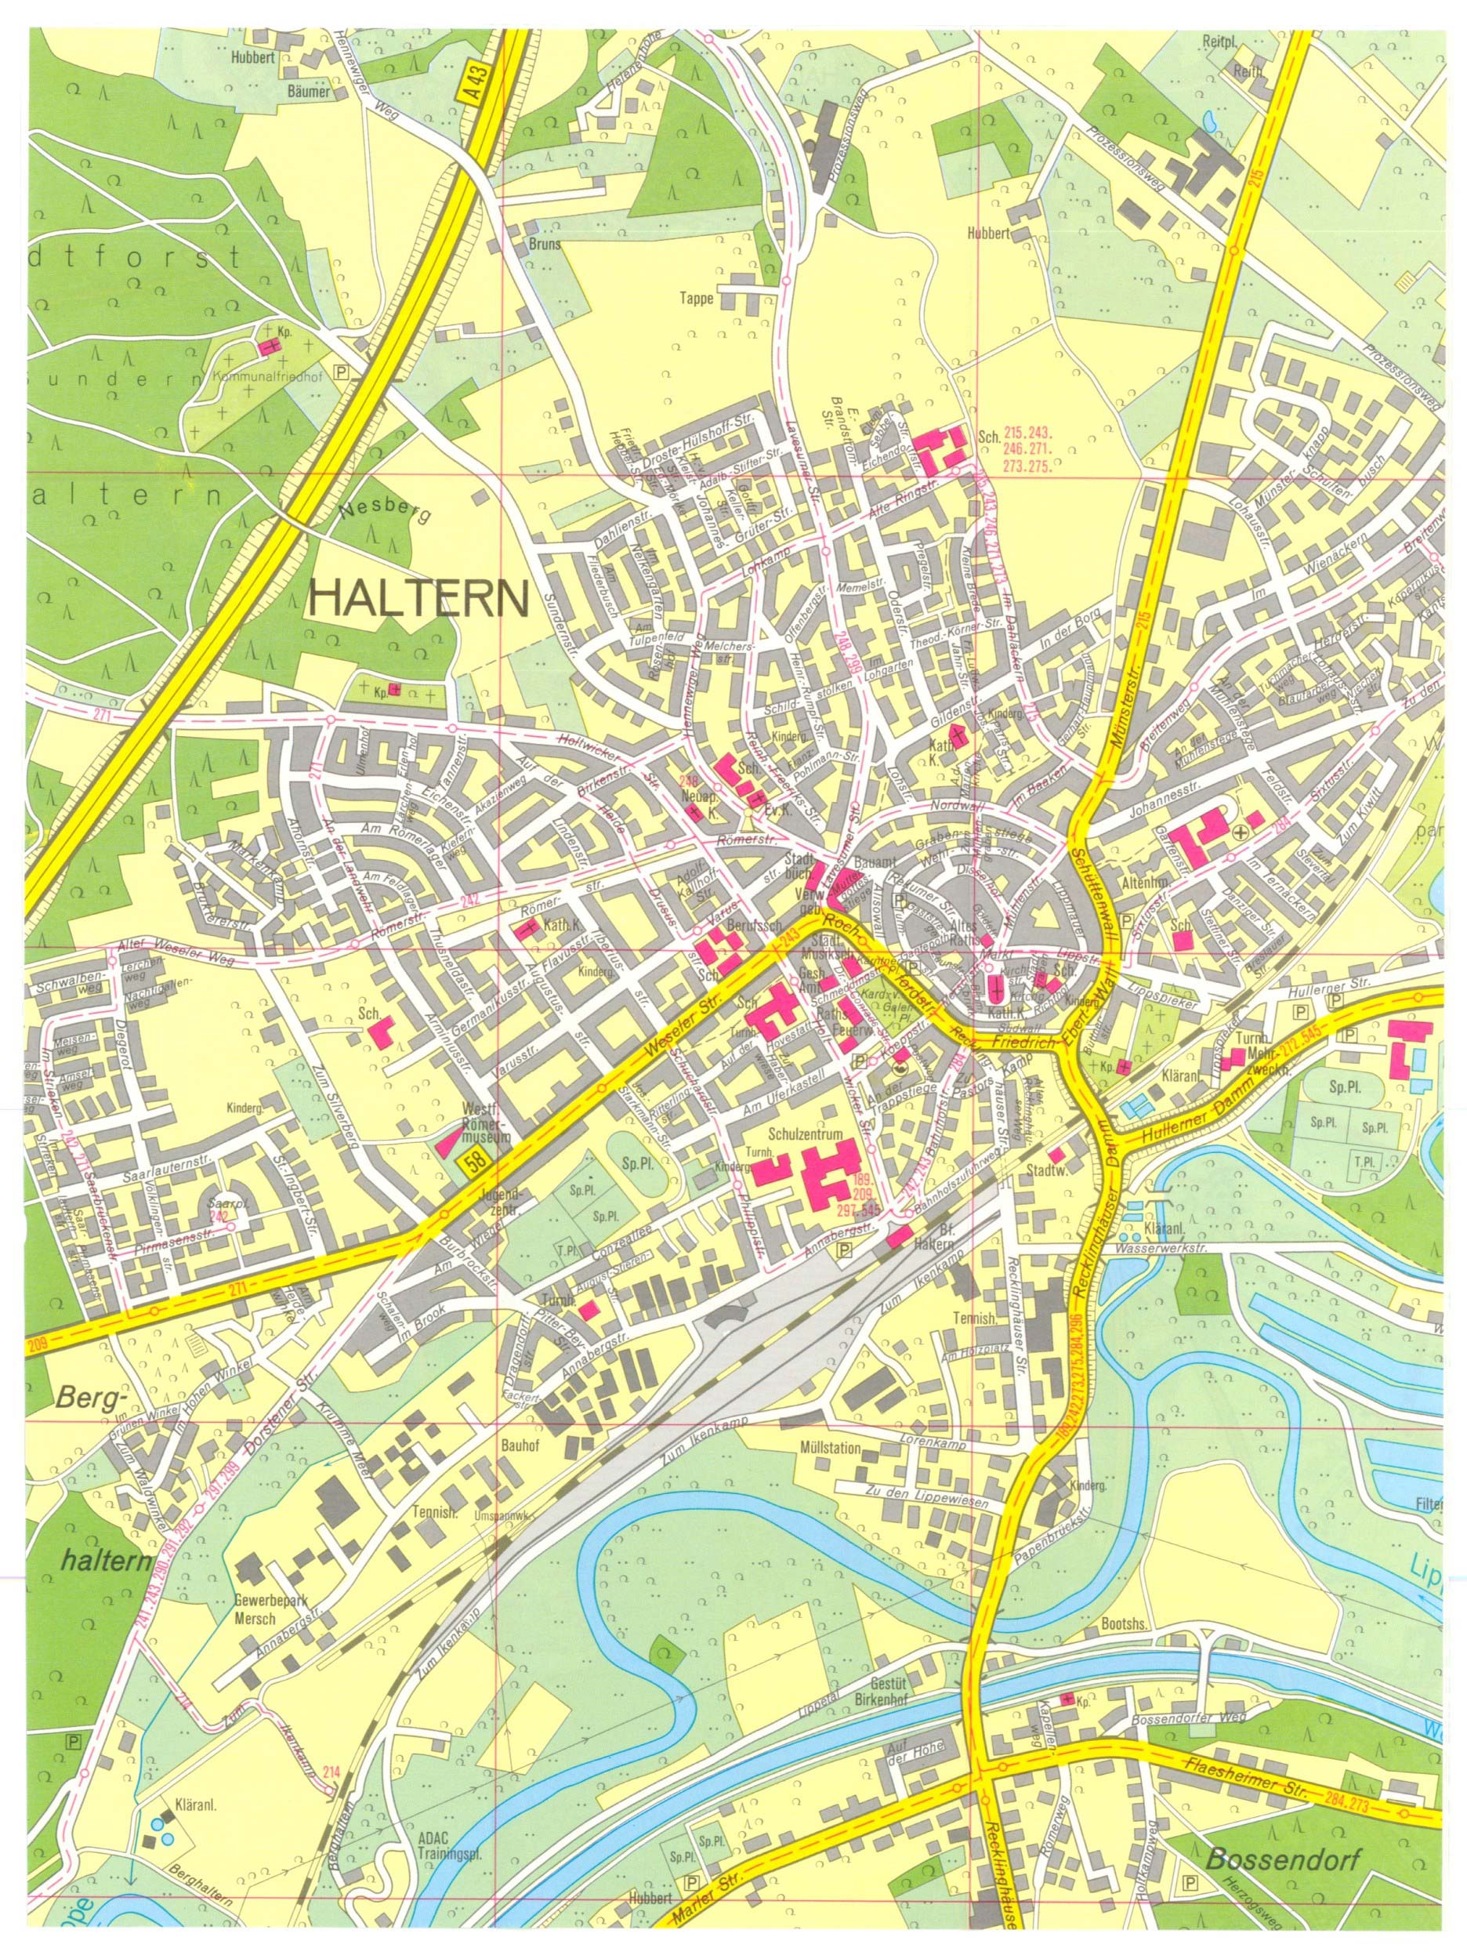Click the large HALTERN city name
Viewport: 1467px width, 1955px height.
click(420, 599)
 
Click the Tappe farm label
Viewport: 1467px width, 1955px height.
click(697, 298)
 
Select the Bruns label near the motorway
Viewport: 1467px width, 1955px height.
click(545, 245)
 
